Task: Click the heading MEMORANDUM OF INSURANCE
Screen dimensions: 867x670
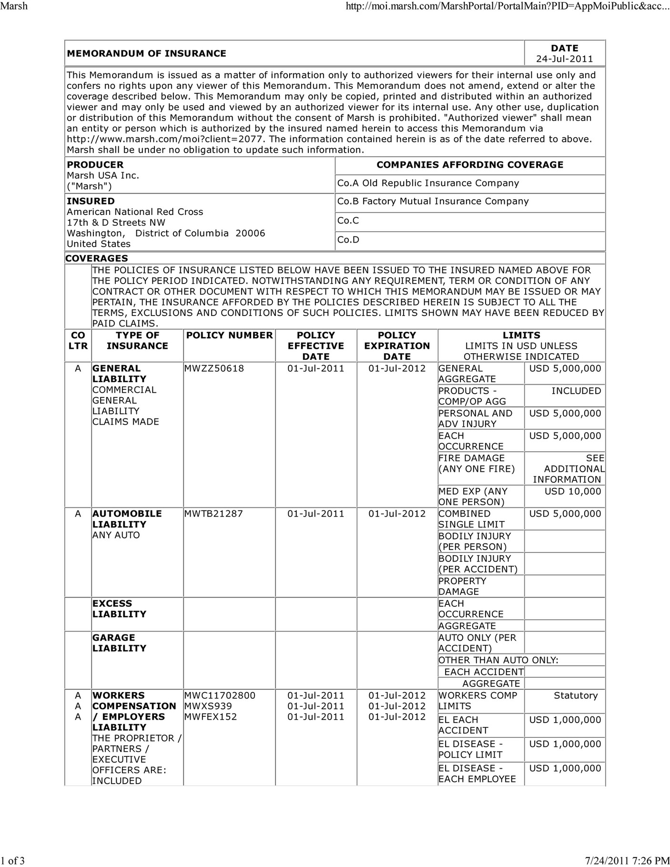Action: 146,53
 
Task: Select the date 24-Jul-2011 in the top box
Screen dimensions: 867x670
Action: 564,59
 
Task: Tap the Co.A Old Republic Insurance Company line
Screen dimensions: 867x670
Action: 428,184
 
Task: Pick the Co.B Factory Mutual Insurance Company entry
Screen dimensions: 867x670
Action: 433,201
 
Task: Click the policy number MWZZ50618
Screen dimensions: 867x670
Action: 214,368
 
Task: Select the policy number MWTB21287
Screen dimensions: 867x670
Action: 213,514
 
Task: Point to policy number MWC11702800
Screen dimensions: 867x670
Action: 220,695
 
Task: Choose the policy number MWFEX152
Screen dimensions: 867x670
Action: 210,717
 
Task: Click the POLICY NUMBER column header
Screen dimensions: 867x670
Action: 229,336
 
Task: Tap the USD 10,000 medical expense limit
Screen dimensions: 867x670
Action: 572,491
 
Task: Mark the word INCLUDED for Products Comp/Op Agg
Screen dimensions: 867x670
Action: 576,391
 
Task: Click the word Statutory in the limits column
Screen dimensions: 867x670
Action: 575,695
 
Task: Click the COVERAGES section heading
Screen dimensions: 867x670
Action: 96,258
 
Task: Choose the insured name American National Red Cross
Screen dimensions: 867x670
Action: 135,212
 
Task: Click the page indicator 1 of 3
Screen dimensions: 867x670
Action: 13,860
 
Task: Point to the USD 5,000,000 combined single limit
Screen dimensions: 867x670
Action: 565,514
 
